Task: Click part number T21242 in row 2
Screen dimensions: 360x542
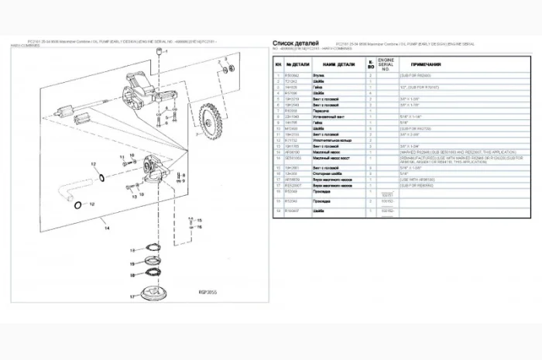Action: pos(292,81)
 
